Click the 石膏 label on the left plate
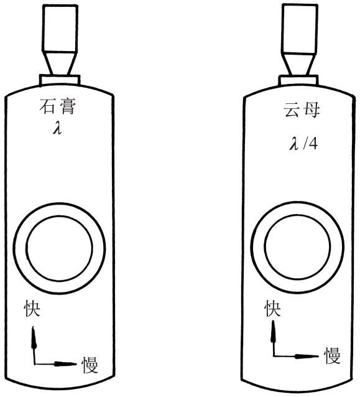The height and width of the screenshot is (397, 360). coord(58,106)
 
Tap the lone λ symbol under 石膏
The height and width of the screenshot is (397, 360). coord(58,128)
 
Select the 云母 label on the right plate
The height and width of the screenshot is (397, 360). coord(302,110)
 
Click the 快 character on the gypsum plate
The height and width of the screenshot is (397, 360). coord(32,309)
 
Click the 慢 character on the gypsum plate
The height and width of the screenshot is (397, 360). coord(90,365)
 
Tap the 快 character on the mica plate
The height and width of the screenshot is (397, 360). coord(272,308)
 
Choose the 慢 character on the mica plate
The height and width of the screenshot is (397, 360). coord(333,355)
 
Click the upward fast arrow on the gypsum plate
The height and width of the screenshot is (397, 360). coord(34,345)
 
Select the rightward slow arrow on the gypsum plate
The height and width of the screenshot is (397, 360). coord(55,364)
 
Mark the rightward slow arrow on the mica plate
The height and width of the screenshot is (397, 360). coord(295,356)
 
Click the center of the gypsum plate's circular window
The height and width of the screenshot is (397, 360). coord(60,248)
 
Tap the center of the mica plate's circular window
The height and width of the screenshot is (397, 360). coord(297,247)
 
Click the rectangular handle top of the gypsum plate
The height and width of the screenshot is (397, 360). coord(60,29)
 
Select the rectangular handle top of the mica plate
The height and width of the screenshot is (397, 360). coord(299,29)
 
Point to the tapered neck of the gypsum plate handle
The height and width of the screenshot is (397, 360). coord(60,63)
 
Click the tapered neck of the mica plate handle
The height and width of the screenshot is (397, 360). coord(299,64)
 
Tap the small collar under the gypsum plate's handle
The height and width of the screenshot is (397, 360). coord(60,80)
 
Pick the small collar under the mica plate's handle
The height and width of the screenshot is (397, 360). coord(298,80)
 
